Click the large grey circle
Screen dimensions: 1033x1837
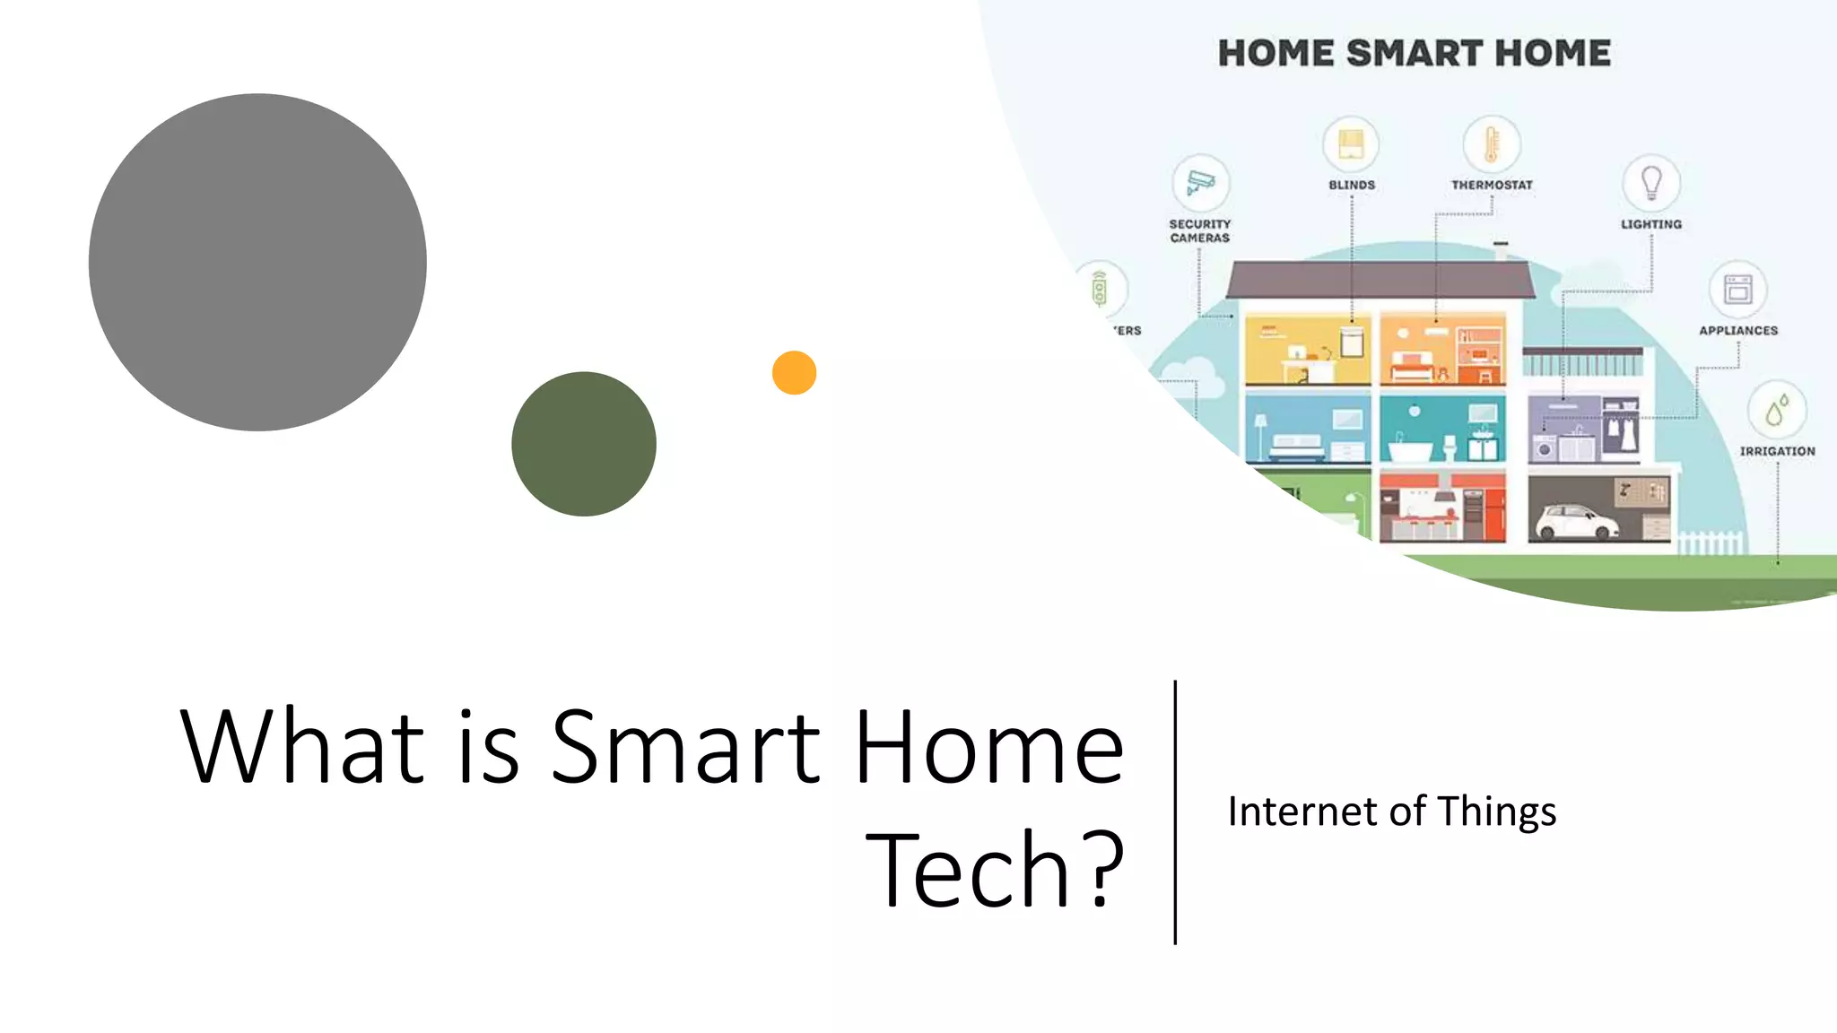point(257,262)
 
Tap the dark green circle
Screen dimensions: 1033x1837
point(584,444)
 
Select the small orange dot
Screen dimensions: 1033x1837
point(794,372)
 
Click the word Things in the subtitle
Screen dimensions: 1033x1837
point(1497,812)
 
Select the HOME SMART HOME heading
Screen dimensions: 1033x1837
point(1414,53)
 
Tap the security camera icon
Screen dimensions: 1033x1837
point(1200,182)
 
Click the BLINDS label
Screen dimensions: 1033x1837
point(1352,185)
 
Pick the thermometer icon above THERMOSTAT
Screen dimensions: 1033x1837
point(1492,143)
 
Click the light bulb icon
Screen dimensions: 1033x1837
point(1651,182)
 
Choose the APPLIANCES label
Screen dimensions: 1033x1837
point(1738,330)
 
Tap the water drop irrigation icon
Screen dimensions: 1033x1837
point(1777,410)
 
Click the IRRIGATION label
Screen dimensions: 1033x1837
point(1777,451)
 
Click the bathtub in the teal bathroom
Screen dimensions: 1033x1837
point(1411,449)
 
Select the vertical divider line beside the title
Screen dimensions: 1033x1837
point(1175,812)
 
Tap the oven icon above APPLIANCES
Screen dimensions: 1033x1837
point(1738,289)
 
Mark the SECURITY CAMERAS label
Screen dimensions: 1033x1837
point(1200,230)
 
